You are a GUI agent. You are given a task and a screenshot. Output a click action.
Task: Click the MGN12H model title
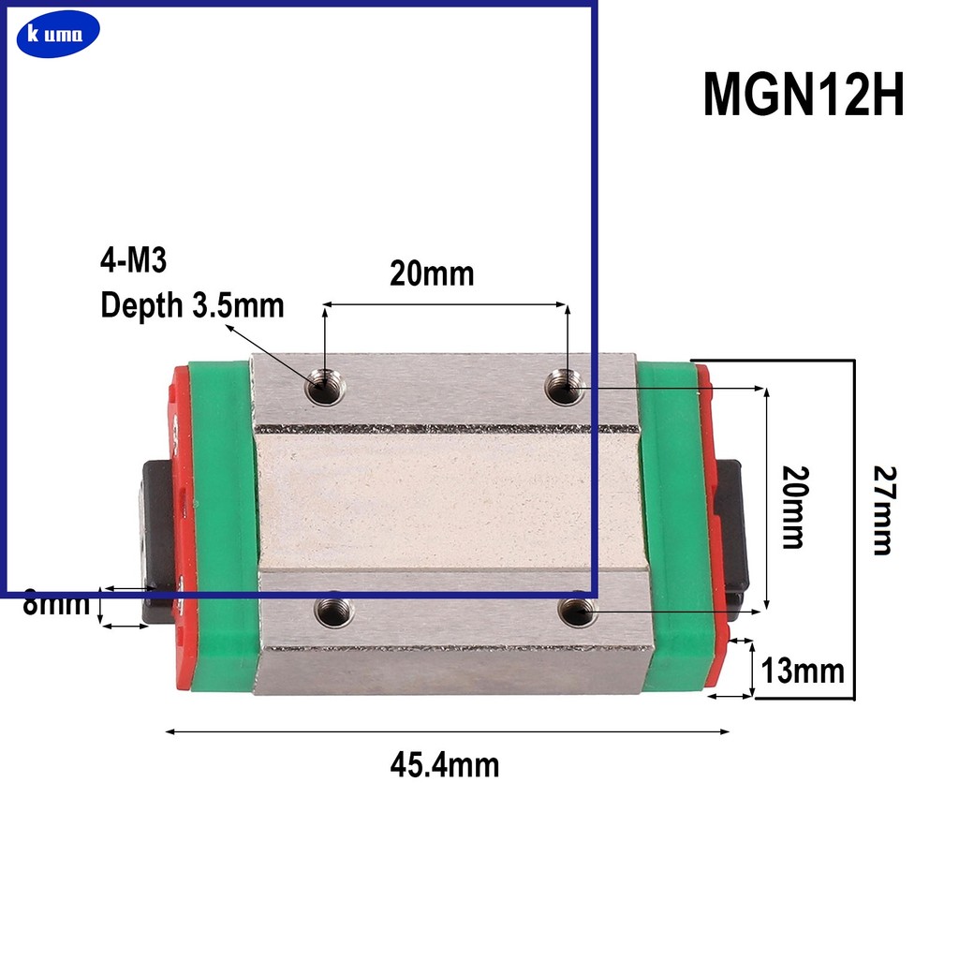point(804,96)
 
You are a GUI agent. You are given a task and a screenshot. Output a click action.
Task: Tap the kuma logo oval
point(57,36)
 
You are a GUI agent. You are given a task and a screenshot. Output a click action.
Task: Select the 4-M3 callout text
point(133,260)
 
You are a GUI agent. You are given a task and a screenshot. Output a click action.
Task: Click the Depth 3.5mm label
point(192,305)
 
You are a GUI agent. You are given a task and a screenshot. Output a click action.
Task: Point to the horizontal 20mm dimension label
point(432,273)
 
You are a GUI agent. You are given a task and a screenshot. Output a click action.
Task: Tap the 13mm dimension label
point(803,671)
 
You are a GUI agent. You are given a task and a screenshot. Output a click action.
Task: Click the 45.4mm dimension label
point(445,765)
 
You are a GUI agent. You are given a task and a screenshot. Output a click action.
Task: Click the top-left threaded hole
point(324,386)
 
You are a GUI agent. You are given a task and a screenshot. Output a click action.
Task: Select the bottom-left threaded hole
point(334,612)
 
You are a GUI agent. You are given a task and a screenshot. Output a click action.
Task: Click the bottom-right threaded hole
point(576,612)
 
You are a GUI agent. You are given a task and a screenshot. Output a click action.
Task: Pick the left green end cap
point(223,524)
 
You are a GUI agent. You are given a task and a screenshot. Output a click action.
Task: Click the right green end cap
point(672,524)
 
